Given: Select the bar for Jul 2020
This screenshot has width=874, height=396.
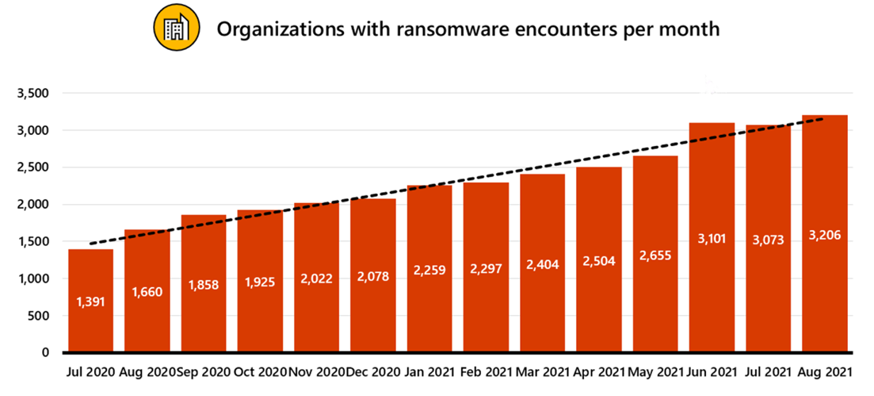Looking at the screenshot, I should coord(90,301).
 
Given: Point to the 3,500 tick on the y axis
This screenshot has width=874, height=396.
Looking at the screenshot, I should coord(33,94).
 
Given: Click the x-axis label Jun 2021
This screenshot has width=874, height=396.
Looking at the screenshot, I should coord(712,372).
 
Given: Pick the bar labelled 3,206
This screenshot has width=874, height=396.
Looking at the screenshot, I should coord(825,234).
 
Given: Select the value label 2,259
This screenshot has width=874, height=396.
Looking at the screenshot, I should coord(429,269).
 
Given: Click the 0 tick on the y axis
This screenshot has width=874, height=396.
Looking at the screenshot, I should coord(46,352).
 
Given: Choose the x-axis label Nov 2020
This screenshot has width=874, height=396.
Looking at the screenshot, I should coord(316,372).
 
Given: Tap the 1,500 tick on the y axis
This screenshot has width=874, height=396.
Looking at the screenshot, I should coord(33,242).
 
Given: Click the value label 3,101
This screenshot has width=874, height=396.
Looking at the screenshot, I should coord(712,239).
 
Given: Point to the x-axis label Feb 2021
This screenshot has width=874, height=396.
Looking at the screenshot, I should coord(486,372).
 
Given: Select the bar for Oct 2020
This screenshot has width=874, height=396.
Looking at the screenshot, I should coord(260,281).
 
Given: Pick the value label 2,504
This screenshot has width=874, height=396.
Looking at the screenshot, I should coord(599,263).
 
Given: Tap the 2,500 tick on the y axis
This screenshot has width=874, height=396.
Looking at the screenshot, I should coord(33,167).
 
